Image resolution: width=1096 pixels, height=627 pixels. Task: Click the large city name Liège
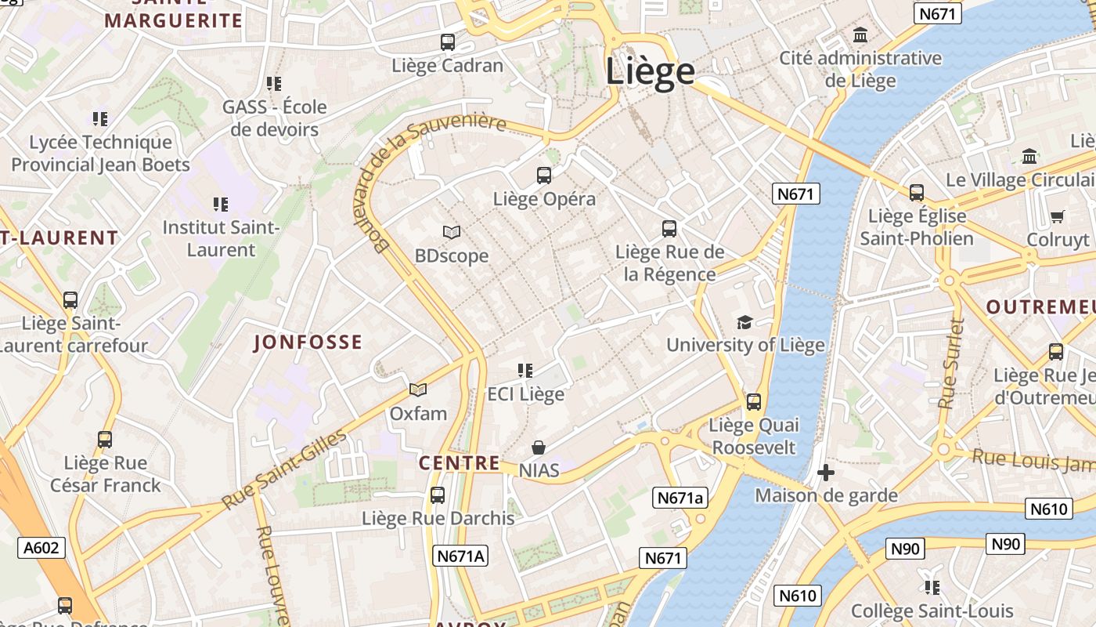(x=650, y=71)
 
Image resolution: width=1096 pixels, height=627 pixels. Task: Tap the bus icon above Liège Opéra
(x=544, y=176)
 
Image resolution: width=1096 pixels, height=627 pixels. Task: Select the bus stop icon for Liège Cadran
(x=448, y=42)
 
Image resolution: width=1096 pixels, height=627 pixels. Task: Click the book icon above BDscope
(x=452, y=232)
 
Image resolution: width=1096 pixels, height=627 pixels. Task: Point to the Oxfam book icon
(x=418, y=390)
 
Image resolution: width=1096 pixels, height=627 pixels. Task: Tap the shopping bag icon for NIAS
(x=539, y=448)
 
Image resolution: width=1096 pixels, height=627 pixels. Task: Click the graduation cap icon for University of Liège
(x=744, y=322)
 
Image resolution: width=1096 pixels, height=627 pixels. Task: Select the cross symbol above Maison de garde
(x=825, y=473)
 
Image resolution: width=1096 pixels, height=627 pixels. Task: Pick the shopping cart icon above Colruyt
(x=1058, y=216)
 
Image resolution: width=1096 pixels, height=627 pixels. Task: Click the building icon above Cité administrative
(x=860, y=34)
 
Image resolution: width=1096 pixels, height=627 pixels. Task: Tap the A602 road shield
(x=41, y=547)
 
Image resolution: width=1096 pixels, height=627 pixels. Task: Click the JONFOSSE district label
(x=308, y=342)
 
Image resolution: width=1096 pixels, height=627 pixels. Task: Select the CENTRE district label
(x=459, y=462)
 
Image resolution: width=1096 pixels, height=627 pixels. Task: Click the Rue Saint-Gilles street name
(x=284, y=469)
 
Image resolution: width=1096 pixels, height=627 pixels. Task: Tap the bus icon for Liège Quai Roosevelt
(x=754, y=402)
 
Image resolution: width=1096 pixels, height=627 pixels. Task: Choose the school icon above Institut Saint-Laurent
(x=221, y=205)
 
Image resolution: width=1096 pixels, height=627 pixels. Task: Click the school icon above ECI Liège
(x=525, y=370)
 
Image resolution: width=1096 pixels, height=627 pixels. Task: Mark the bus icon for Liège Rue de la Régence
(x=669, y=229)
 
